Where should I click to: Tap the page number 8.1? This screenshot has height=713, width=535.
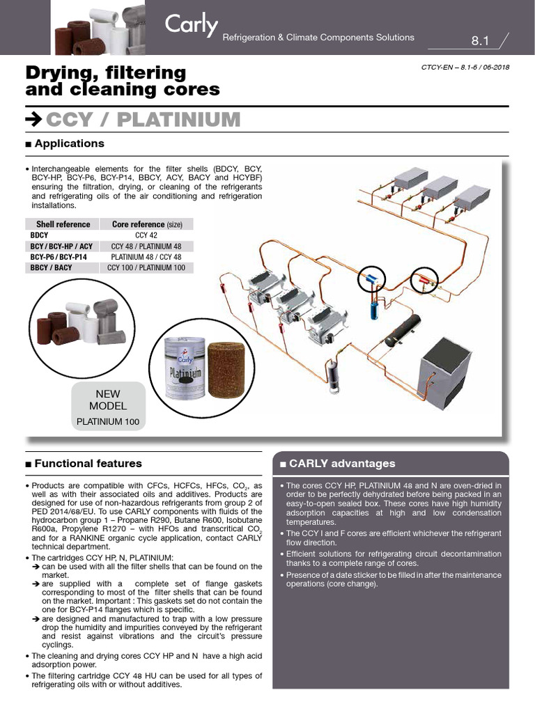pos(481,41)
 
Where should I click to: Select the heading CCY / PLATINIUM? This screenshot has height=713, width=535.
pos(143,120)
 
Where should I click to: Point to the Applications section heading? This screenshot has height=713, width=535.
pos(69,143)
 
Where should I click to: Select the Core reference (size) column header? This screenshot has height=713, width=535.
pos(146,224)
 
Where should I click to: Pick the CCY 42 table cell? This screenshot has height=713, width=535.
pos(146,235)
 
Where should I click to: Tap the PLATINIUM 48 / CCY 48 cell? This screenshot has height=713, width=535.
pos(146,256)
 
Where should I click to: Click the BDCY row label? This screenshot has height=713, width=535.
pos(40,235)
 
